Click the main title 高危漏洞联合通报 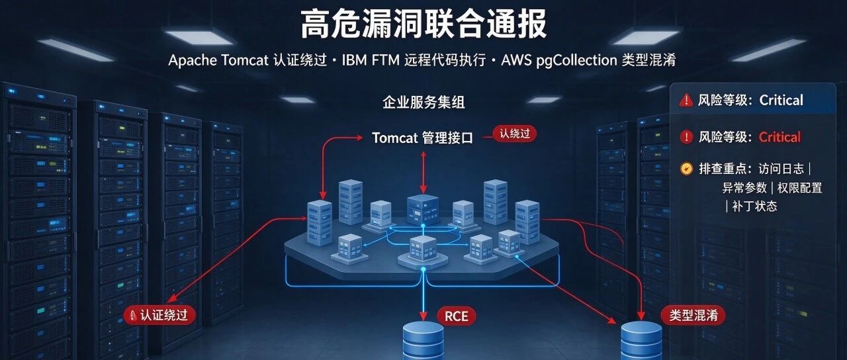pyautogui.click(x=423, y=24)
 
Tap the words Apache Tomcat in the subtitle pyautogui.click(x=218, y=60)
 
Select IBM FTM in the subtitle pyautogui.click(x=371, y=60)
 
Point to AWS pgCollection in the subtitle pyautogui.click(x=559, y=61)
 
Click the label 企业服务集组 pyautogui.click(x=423, y=102)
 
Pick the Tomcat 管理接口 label pyautogui.click(x=422, y=138)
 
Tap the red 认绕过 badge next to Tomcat pyautogui.click(x=515, y=134)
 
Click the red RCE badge pyautogui.click(x=457, y=316)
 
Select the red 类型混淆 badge pyautogui.click(x=693, y=315)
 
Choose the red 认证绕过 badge pyautogui.click(x=159, y=315)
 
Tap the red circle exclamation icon pyautogui.click(x=686, y=137)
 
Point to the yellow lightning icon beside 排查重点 pyautogui.click(x=686, y=168)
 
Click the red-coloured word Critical pyautogui.click(x=780, y=137)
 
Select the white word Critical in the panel pyautogui.click(x=781, y=100)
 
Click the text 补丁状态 pyautogui.click(x=754, y=206)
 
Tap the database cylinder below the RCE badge pyautogui.click(x=423, y=340)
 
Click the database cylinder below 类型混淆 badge pyautogui.click(x=641, y=340)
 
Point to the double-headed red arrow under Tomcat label pyautogui.click(x=423, y=173)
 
